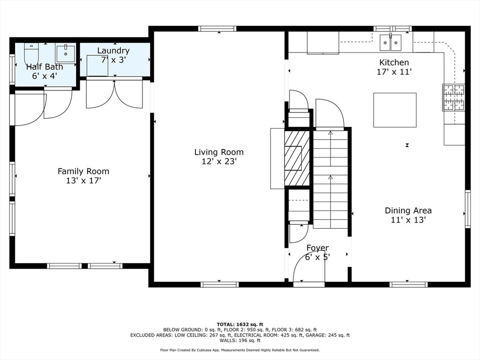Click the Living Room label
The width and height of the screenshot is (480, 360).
pyautogui.click(x=219, y=152)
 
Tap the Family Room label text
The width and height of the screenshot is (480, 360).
pyautogui.click(x=83, y=171)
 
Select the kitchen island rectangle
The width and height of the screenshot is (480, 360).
pyautogui.click(x=395, y=110)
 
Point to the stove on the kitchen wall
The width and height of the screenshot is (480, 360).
pyautogui.click(x=453, y=97)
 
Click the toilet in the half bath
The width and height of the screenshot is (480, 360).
pyautogui.click(x=31, y=52)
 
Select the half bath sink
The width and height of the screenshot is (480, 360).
pyautogui.click(x=65, y=53)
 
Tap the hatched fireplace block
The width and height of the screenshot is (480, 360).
pyautogui.click(x=297, y=158)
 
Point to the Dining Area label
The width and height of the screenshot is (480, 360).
pyautogui.click(x=408, y=210)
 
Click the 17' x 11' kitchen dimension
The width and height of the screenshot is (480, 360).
pyautogui.click(x=394, y=72)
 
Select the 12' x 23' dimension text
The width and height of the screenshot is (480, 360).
pyautogui.click(x=219, y=161)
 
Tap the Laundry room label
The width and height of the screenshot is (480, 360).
pyautogui.click(x=113, y=51)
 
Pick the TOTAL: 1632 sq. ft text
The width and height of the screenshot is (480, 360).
pyautogui.click(x=240, y=324)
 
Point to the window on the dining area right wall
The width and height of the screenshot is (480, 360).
pyautogui.click(x=467, y=209)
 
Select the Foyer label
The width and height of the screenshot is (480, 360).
pyautogui.click(x=317, y=247)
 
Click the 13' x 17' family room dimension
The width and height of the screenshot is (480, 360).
pyautogui.click(x=83, y=180)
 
